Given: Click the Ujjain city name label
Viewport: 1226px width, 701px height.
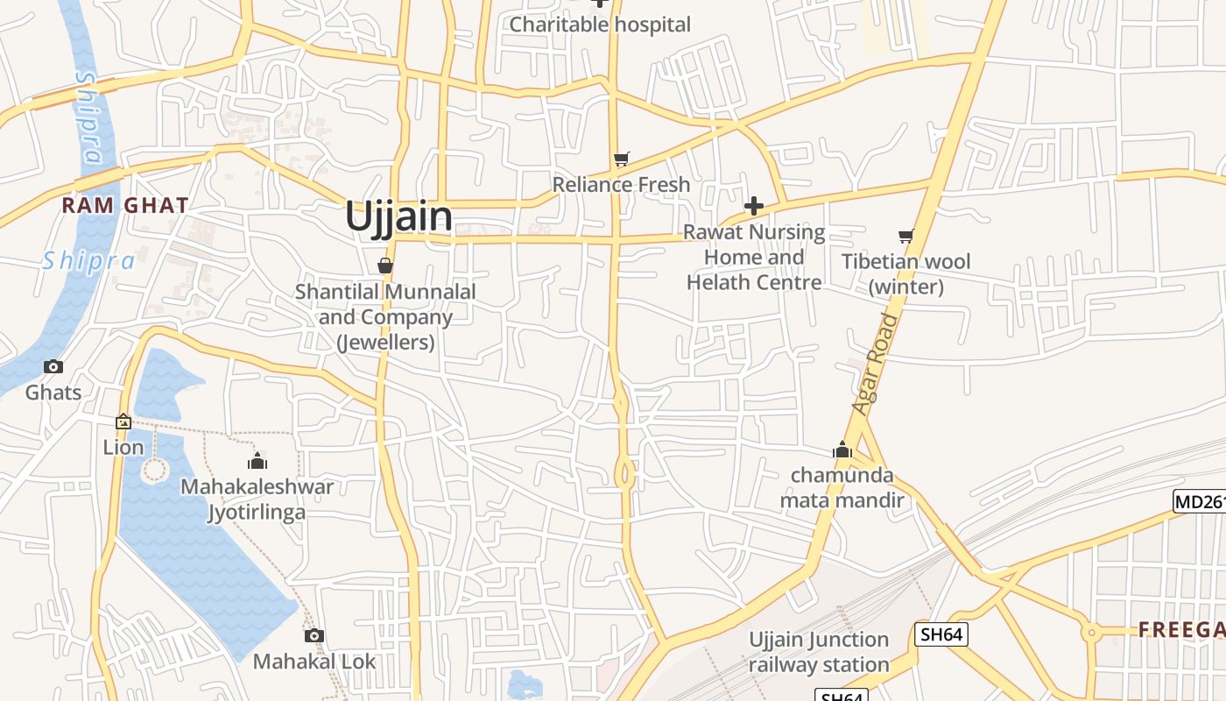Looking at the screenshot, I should click(398, 216).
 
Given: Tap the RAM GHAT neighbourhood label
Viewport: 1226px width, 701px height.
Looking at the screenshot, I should click(124, 206).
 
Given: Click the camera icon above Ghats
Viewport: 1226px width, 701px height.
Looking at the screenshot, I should click(53, 366).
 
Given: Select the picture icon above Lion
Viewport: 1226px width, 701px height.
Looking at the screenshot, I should click(123, 422).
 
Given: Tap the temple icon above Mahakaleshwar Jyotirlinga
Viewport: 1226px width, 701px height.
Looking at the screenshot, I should click(257, 461).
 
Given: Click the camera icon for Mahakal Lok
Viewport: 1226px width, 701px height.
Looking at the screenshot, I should click(314, 635).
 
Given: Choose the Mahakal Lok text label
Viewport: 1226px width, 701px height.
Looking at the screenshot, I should click(314, 662).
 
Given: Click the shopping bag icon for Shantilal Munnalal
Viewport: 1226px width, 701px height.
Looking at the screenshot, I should click(385, 266).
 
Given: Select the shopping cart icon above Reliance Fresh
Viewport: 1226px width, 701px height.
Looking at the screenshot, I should click(621, 159).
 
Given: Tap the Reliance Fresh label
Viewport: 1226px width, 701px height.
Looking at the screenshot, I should click(621, 185).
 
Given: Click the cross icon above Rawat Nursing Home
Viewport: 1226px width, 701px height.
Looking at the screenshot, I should click(754, 206).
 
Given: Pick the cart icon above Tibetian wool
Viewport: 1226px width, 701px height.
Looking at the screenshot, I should click(905, 236).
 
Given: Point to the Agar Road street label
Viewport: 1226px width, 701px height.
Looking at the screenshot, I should click(875, 364).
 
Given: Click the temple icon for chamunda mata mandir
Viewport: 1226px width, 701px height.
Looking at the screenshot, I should click(842, 450).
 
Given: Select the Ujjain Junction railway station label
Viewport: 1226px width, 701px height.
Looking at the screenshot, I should click(819, 652).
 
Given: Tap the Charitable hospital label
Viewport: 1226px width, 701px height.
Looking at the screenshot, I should click(600, 25).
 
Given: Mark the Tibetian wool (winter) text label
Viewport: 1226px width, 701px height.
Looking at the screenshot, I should click(905, 274).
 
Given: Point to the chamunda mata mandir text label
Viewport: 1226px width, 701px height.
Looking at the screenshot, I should click(842, 488).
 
